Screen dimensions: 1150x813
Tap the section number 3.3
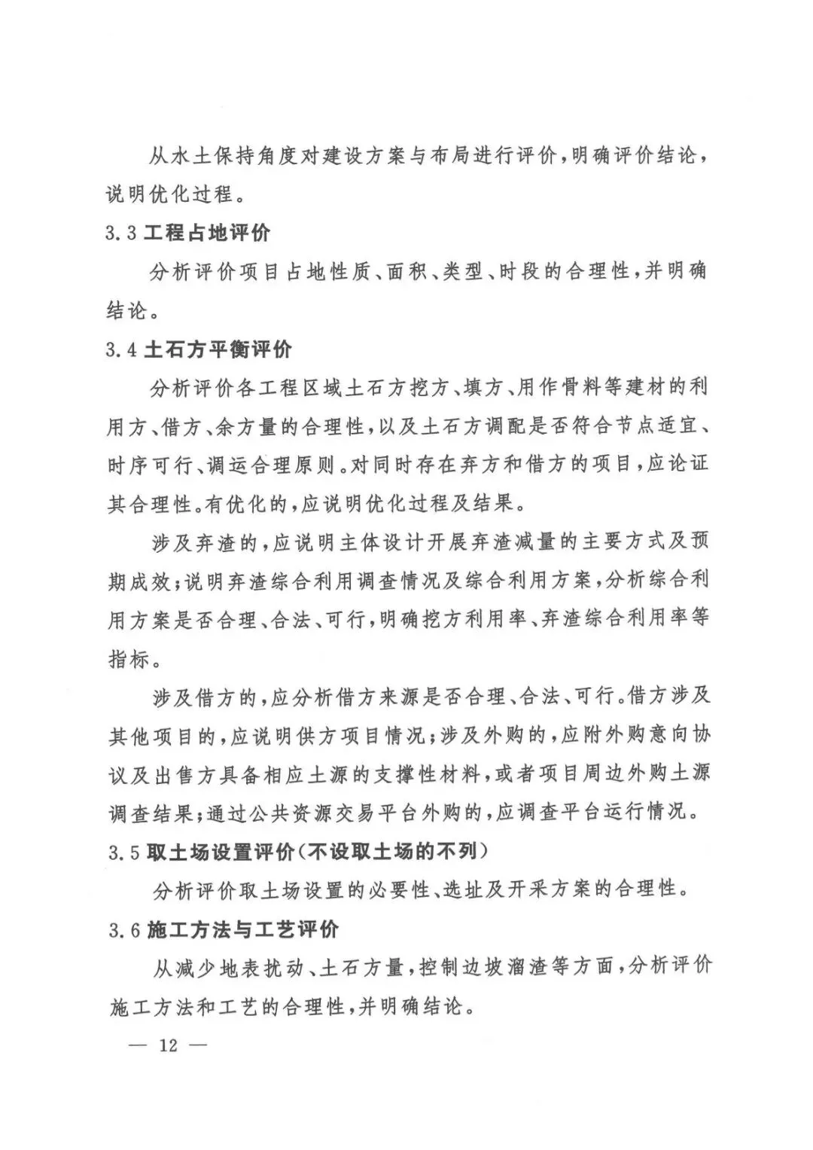point(120,233)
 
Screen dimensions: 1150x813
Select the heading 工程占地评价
point(208,233)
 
